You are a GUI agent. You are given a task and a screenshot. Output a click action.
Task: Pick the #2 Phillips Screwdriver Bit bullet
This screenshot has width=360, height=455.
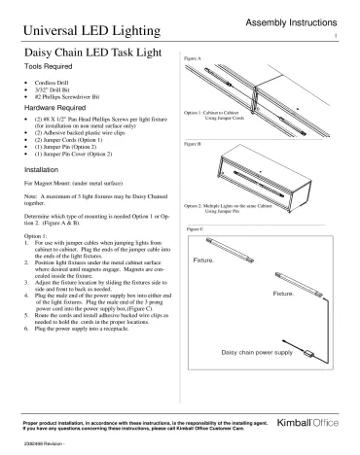82,105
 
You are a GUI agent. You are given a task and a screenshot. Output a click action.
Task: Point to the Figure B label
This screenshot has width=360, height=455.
193,144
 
